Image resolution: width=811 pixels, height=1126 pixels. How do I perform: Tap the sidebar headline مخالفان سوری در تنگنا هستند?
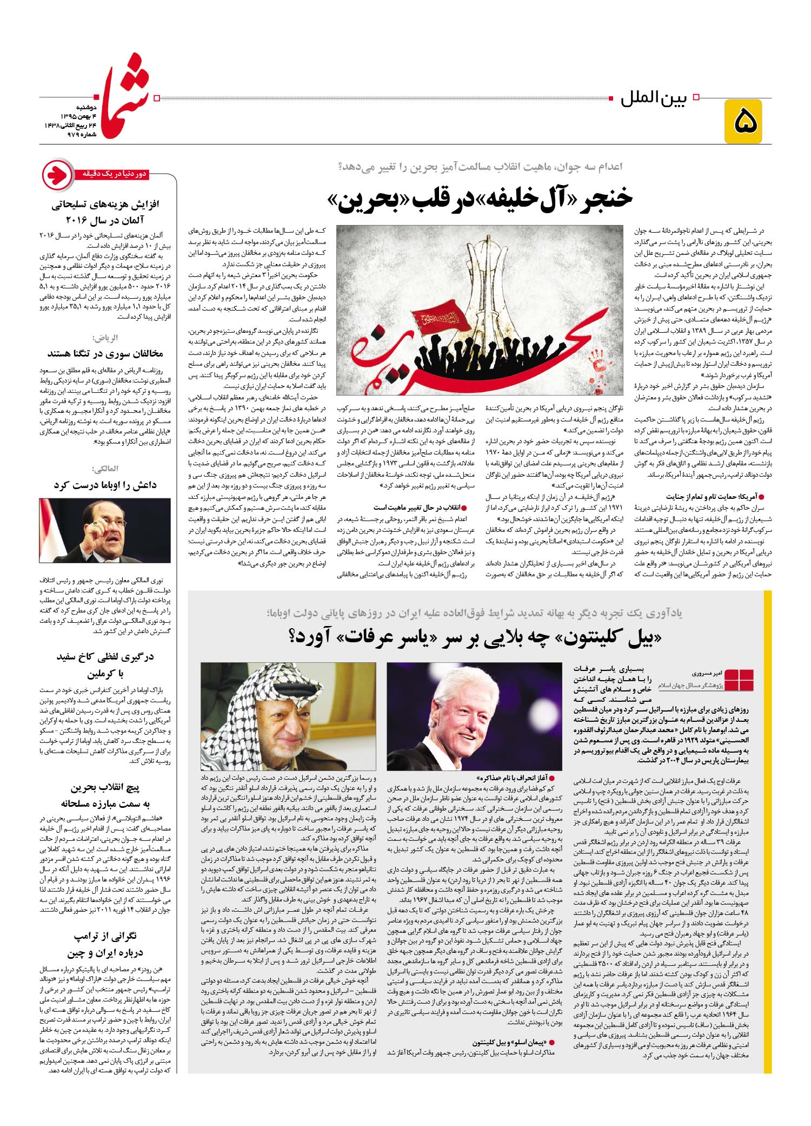[105, 354]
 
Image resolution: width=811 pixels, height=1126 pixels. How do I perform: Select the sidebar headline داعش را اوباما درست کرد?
[105, 485]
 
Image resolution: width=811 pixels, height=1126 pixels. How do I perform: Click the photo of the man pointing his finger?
[105, 531]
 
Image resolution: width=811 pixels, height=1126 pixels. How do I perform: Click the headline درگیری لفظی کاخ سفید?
[105, 657]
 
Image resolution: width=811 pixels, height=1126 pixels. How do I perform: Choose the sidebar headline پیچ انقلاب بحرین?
[105, 788]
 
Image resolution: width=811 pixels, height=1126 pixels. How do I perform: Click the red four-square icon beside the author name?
[739, 680]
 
